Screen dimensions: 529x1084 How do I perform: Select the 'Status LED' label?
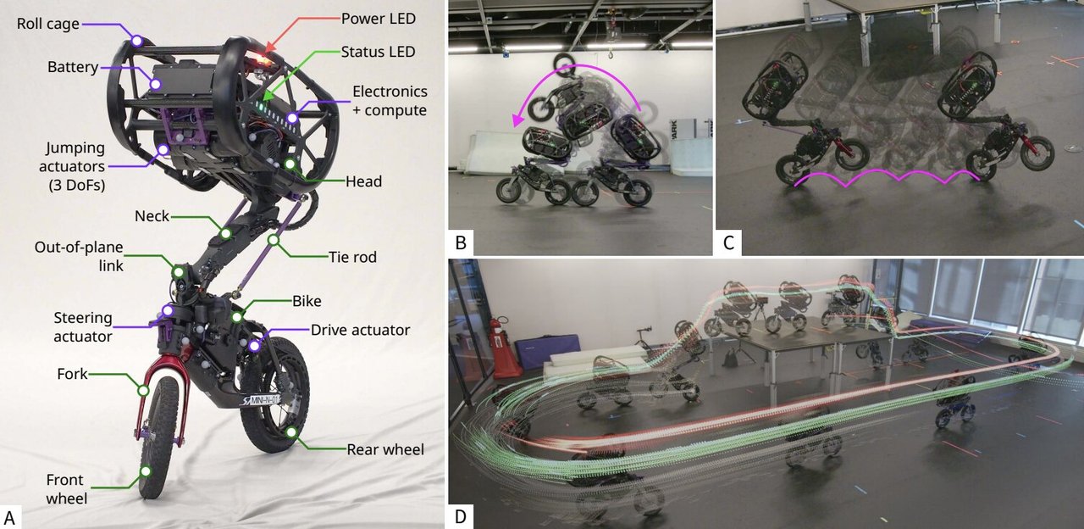378,52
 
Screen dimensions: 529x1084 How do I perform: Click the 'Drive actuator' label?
360,330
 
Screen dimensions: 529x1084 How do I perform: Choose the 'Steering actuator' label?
83,326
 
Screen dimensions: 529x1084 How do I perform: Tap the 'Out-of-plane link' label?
79,256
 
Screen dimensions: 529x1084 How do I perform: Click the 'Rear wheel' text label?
384,449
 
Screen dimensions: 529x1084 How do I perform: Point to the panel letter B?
461,243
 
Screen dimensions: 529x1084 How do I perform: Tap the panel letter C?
728,243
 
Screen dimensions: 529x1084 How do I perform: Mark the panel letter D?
461,515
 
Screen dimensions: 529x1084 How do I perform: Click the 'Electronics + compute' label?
389,100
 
